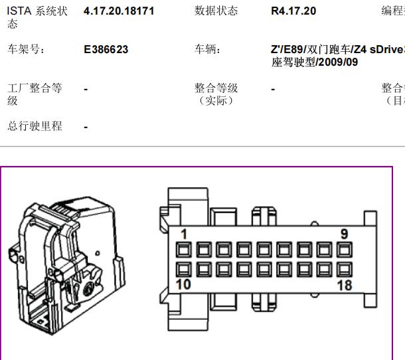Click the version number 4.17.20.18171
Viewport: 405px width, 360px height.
(119, 11)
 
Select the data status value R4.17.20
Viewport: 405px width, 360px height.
(293, 11)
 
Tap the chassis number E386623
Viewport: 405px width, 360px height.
(106, 50)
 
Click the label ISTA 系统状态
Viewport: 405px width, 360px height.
(37, 17)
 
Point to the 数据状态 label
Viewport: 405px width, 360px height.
(216, 11)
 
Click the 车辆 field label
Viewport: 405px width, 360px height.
(208, 50)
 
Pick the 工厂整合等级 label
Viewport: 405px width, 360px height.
(35, 94)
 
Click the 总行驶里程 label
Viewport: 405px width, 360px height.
(35, 126)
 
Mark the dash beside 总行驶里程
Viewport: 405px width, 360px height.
(86, 127)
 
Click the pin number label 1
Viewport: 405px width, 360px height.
(184, 234)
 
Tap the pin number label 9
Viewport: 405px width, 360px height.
(344, 234)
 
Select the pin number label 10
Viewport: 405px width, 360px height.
(183, 284)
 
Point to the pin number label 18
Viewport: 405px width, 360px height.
(345, 286)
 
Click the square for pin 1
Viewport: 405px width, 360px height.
(184, 250)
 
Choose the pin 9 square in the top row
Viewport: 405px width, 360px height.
(344, 250)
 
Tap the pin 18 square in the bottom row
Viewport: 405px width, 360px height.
(344, 269)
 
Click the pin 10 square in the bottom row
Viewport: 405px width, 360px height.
(184, 269)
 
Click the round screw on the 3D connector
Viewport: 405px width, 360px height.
(89, 288)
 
